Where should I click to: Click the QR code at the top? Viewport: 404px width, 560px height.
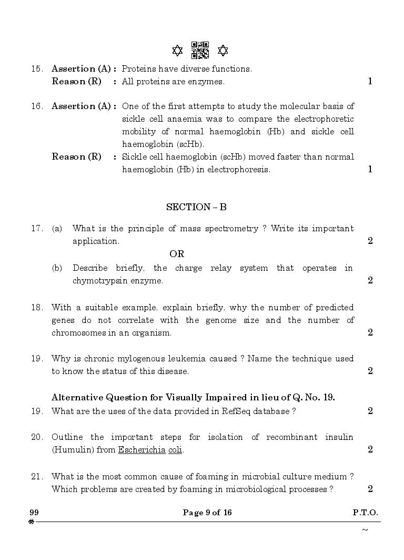tap(200, 50)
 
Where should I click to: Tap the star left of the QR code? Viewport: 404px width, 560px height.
tap(177, 51)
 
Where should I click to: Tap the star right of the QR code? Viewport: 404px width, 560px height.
tap(223, 51)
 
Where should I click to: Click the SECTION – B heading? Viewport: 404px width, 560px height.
tap(196, 207)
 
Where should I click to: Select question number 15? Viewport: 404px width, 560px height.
tap(36, 68)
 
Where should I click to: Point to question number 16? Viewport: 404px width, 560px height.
tap(36, 106)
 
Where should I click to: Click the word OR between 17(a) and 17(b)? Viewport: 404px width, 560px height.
tap(177, 254)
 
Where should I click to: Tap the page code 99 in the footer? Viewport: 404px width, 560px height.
tap(34, 513)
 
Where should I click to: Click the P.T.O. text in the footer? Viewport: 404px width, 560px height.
tap(365, 513)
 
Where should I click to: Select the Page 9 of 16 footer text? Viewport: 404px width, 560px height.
tap(207, 513)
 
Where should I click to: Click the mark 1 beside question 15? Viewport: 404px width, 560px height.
tap(370, 81)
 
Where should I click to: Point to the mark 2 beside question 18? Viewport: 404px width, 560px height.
tap(370, 332)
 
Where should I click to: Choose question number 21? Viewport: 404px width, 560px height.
tap(36, 476)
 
